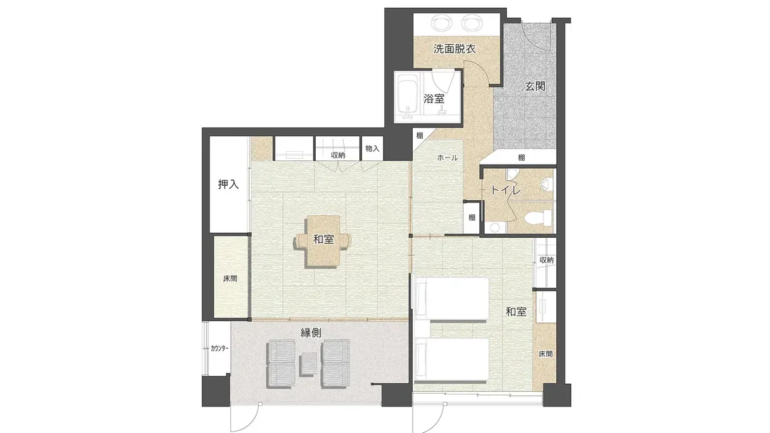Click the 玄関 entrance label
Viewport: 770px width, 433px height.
(535, 86)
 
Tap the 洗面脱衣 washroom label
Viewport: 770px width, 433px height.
(454, 49)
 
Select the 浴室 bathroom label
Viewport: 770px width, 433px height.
(433, 98)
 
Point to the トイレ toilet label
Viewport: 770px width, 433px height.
(505, 190)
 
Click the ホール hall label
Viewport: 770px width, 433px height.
(447, 158)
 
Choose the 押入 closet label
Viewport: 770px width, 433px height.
(228, 184)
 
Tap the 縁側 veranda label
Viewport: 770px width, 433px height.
(311, 333)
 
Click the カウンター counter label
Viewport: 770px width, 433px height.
(220, 349)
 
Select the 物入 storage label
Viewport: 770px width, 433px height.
(372, 148)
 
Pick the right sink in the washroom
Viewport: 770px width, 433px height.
(472, 23)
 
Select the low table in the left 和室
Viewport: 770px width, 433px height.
(323, 241)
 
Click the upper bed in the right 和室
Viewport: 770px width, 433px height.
(451, 300)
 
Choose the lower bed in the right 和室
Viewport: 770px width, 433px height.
(451, 360)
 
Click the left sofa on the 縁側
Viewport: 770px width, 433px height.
(282, 364)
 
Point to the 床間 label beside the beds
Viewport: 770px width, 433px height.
(545, 353)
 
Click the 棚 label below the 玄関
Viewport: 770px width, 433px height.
(521, 158)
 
